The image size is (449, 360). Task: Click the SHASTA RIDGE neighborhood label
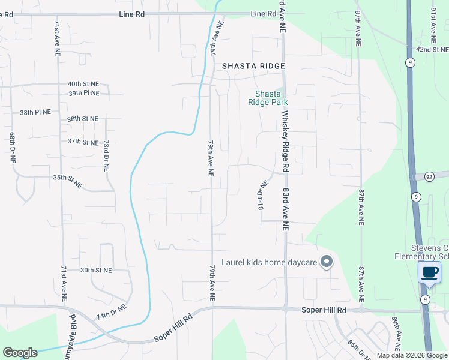[253, 66]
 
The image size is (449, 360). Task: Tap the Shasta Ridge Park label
[268, 98]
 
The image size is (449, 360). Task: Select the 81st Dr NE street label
[262, 196]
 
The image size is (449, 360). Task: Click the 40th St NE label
[83, 85]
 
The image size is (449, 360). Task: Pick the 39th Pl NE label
[83, 94]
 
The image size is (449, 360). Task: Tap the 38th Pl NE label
[35, 112]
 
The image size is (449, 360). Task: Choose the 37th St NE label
[83, 142]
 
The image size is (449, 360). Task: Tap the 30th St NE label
[96, 271]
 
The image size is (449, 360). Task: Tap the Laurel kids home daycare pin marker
[327, 262]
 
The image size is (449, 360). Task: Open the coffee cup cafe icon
[429, 272]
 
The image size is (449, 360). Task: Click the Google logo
[20, 353]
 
